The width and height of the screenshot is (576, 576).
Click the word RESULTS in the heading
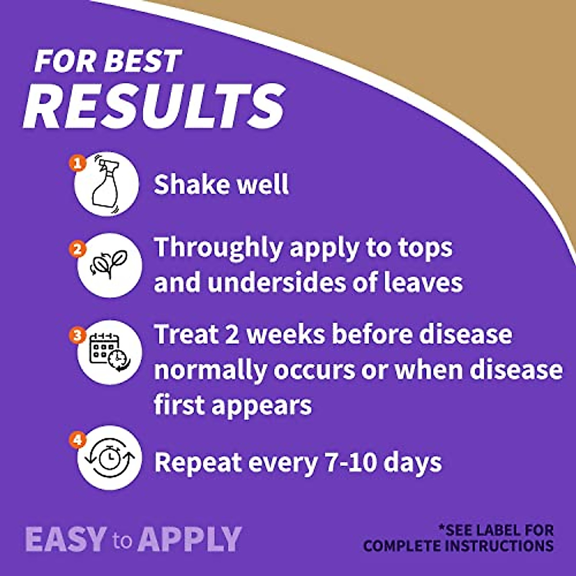[154, 107]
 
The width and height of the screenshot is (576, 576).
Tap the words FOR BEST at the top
[108, 61]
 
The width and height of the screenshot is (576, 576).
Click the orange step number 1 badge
[78, 163]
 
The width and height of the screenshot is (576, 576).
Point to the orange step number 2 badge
[78, 249]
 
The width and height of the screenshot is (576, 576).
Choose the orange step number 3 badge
[78, 335]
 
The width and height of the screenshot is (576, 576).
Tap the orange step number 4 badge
[78, 440]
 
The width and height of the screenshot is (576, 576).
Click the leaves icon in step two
[109, 264]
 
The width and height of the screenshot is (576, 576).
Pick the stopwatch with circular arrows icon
[110, 457]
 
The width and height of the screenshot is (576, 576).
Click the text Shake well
[221, 184]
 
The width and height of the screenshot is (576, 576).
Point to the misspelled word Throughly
[218, 249]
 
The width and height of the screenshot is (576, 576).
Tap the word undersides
[276, 282]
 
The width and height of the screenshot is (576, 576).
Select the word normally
[210, 371]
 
